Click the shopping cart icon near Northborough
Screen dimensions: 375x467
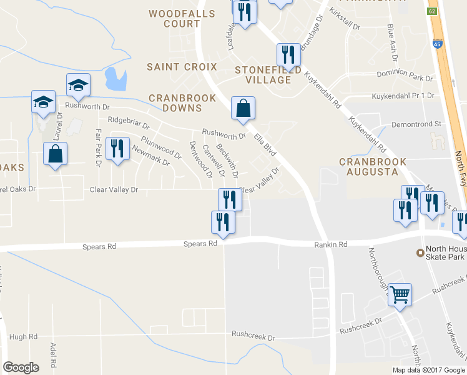(400, 293)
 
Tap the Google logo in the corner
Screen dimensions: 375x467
(21, 367)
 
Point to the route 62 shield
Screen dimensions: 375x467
(431, 11)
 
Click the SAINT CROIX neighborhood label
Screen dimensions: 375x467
(182, 67)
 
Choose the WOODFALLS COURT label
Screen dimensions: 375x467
(182, 19)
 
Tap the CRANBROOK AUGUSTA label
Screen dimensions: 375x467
(369, 166)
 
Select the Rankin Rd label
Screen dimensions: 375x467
(330, 245)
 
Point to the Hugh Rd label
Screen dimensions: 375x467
(24, 337)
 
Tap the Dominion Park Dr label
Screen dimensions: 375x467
(405, 79)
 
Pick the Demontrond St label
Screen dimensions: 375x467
(416, 124)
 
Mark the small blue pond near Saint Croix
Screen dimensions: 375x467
(115, 79)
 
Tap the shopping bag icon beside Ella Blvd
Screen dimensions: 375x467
(243, 109)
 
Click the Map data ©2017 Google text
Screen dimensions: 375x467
(428, 369)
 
